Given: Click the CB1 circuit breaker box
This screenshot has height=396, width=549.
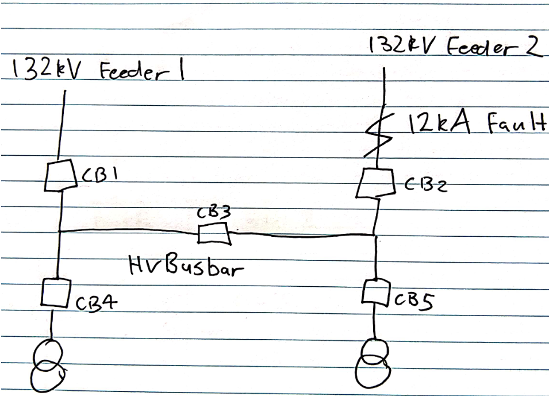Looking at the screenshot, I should (60, 175).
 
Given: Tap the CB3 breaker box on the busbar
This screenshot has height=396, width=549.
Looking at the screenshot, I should (214, 234).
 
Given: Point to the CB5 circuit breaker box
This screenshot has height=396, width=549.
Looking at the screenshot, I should (377, 293).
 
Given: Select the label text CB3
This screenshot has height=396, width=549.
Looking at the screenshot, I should (214, 213).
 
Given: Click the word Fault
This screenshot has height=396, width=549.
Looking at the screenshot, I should (511, 124).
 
